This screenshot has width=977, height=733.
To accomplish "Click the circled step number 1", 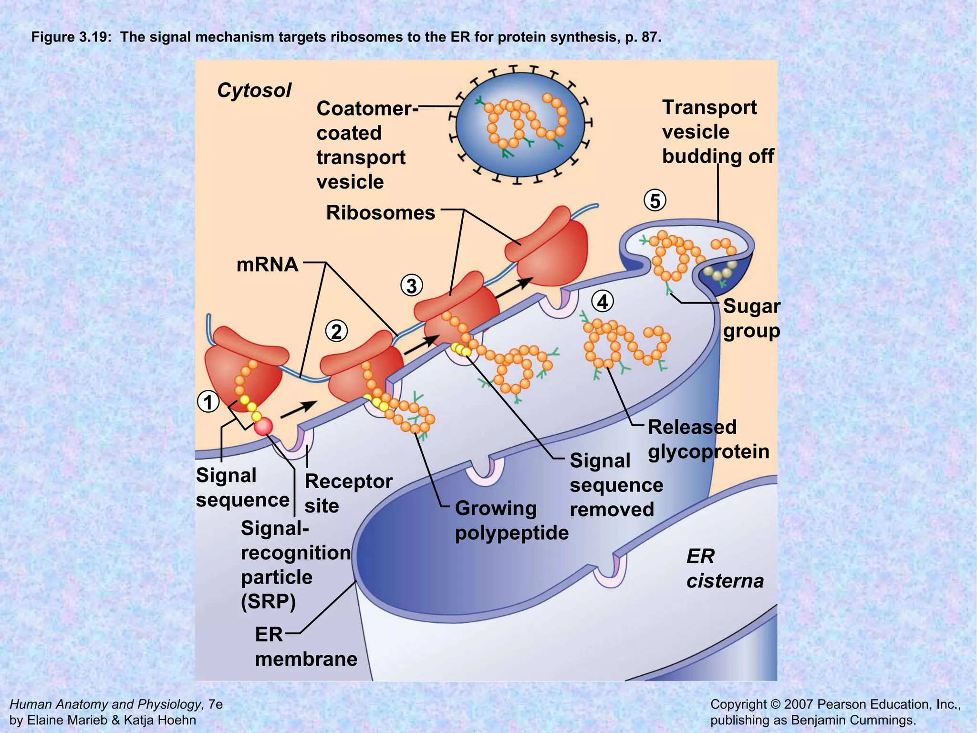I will [x=208, y=402].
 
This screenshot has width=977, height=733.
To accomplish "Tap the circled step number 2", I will [x=337, y=331].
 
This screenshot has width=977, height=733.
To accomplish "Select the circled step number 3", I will [x=412, y=286].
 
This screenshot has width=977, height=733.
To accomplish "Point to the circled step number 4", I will [x=603, y=302].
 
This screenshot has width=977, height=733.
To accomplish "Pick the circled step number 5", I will [x=655, y=200].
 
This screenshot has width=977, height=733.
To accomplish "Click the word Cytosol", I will [x=254, y=90].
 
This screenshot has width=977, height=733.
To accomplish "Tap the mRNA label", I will [x=267, y=264].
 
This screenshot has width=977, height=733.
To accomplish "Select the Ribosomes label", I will [x=380, y=212].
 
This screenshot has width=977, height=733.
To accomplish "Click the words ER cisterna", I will [x=724, y=568].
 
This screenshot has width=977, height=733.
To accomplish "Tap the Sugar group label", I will [x=751, y=318].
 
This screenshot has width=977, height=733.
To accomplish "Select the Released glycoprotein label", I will [x=708, y=439].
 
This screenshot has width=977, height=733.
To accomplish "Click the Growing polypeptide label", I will [x=511, y=520].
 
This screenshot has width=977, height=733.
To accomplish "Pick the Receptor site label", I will [x=348, y=493].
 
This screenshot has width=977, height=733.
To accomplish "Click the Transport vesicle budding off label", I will [x=717, y=132].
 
